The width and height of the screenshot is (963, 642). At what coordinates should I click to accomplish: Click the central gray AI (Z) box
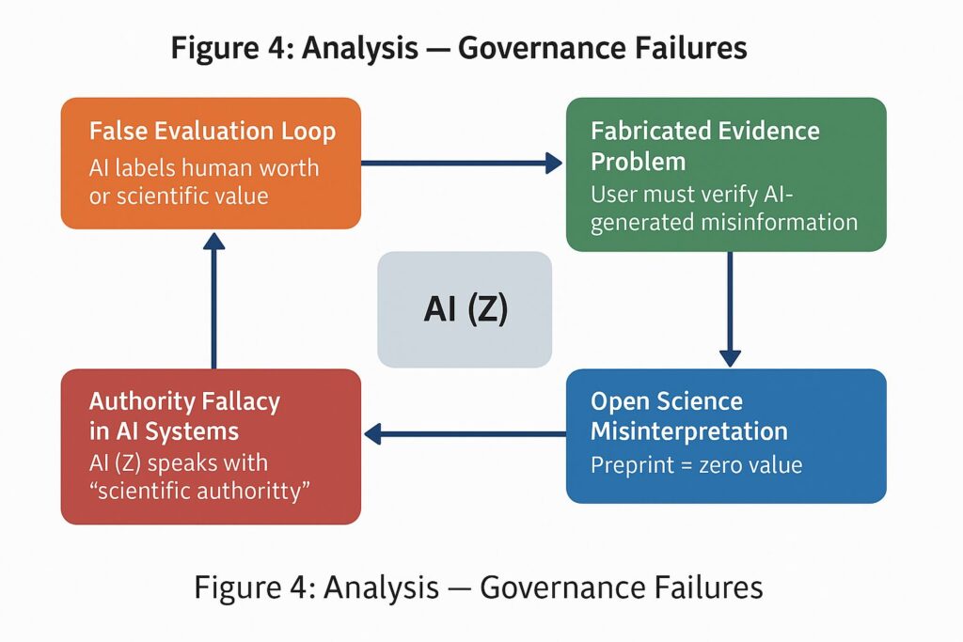[x=465, y=309]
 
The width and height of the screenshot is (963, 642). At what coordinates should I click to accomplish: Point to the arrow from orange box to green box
[x=461, y=164]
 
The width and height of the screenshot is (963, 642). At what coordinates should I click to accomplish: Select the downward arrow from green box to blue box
[x=730, y=310]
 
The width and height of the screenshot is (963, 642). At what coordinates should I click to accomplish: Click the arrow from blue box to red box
[x=465, y=433]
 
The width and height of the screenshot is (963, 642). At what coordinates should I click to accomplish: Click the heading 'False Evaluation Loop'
[x=213, y=131]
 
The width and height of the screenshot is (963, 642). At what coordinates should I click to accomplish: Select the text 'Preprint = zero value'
[x=697, y=464]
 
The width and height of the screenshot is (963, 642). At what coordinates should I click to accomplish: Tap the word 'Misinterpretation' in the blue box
[x=689, y=431]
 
